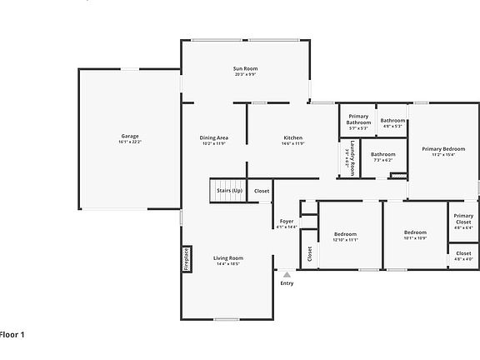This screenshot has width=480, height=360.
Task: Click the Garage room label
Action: (130, 136)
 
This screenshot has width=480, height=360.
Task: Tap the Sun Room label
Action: (244, 67)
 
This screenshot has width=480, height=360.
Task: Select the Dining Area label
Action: (213, 137)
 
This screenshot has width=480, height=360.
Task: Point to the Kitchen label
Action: (292, 137)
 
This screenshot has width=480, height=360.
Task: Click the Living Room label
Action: (227, 258)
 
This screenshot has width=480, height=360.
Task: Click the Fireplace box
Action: (187, 257)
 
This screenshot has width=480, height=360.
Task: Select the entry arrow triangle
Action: (287, 273)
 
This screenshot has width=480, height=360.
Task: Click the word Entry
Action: (287, 283)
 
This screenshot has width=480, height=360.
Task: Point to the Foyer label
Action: (287, 221)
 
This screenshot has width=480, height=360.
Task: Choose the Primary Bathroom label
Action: (358, 119)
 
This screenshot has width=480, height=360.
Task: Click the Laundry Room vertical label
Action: (352, 156)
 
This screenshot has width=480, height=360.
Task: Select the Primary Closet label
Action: (463, 219)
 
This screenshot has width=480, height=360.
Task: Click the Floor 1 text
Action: (12, 334)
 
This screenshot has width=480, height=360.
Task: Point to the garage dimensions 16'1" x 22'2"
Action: (130, 142)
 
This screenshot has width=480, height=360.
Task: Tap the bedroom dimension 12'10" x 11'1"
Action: (345, 239)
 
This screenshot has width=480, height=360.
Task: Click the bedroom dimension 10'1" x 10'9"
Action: (415, 238)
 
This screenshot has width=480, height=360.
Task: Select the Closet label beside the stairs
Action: (262, 191)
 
